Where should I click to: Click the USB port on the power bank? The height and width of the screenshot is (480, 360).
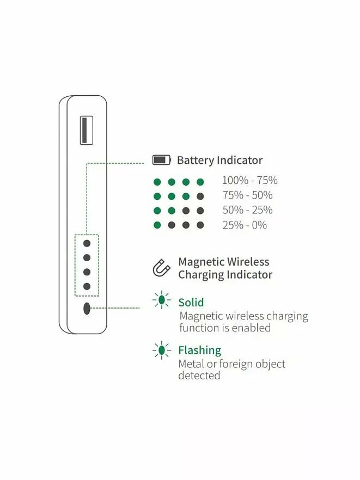click(x=87, y=130)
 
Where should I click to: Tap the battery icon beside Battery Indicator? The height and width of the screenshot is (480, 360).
click(x=161, y=160)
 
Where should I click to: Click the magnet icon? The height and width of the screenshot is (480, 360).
click(x=162, y=268)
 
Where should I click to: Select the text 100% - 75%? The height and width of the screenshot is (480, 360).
click(x=249, y=181)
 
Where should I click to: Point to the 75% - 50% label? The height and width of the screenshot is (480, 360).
click(x=247, y=195)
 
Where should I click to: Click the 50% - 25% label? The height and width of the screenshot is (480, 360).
click(x=247, y=210)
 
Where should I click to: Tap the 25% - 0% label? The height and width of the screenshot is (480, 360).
click(x=245, y=225)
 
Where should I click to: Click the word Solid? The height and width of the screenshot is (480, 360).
click(x=191, y=303)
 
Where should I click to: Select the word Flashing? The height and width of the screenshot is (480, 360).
click(x=199, y=350)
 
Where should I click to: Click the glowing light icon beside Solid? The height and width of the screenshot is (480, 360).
click(x=161, y=300)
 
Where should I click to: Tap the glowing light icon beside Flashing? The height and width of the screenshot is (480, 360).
click(x=161, y=350)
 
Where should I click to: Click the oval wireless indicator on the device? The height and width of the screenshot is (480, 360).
click(x=87, y=309)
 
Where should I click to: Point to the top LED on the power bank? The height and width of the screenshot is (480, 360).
click(x=87, y=244)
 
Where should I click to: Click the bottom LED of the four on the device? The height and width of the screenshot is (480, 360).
click(x=87, y=286)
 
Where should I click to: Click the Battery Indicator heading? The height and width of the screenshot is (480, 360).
click(x=219, y=161)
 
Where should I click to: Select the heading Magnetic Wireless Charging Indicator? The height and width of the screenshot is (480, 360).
click(x=224, y=268)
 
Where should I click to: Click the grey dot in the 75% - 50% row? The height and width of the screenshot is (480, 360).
click(x=200, y=196)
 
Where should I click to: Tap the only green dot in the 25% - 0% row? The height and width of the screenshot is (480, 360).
click(x=157, y=225)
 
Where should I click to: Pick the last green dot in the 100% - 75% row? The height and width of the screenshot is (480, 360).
click(x=200, y=182)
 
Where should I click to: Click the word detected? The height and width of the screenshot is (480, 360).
click(x=199, y=376)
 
